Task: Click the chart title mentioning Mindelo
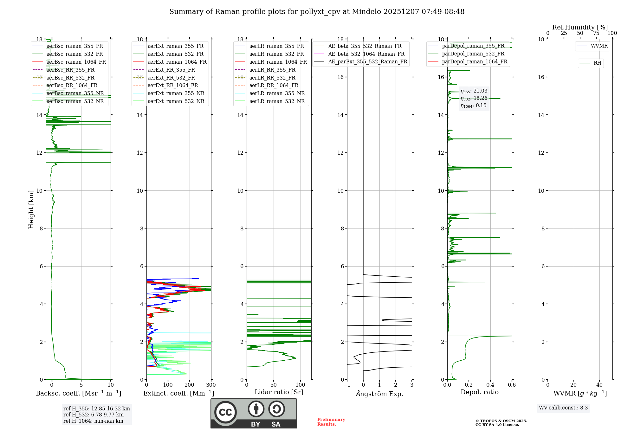click(x=317, y=12)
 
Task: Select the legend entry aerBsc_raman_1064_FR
click(x=76, y=62)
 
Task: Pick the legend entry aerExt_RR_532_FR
click(x=171, y=78)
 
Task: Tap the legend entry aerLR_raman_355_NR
click(x=277, y=93)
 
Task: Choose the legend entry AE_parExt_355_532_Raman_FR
click(x=367, y=61)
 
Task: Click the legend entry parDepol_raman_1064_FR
click(x=475, y=61)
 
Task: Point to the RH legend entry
click(x=597, y=63)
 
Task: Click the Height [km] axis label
click(x=31, y=209)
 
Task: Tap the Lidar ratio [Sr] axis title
click(x=279, y=392)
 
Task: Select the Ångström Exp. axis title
click(x=379, y=394)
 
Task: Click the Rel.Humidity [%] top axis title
click(x=580, y=27)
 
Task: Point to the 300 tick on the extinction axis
click(x=211, y=385)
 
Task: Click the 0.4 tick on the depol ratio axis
click(x=490, y=385)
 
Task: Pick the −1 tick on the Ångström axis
click(x=347, y=385)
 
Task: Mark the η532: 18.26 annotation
click(x=474, y=98)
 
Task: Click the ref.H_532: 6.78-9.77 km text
click(x=94, y=415)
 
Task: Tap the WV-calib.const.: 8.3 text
click(x=563, y=408)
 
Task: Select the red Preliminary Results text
click(x=331, y=422)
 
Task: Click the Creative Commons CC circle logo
click(x=225, y=412)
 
